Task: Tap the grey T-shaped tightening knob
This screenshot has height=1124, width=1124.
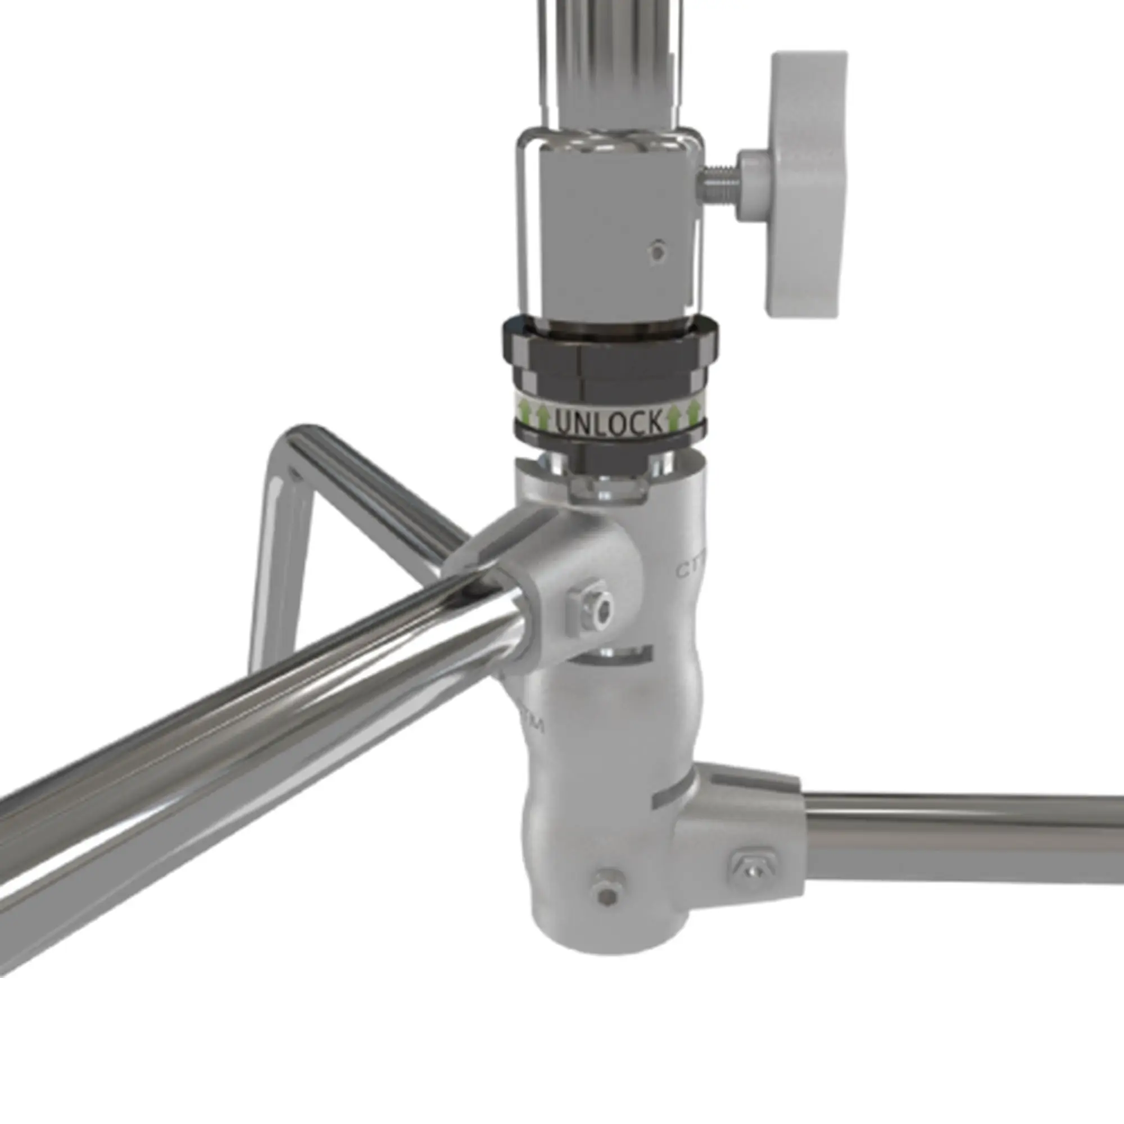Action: pos(806,183)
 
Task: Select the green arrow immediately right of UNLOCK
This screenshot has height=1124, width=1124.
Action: pos(674,416)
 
